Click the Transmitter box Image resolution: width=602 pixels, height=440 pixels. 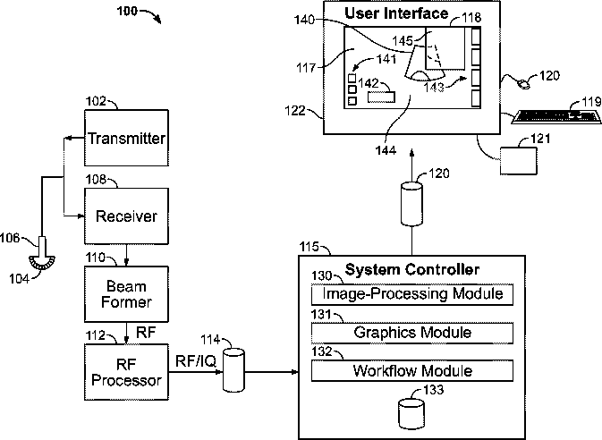[x=126, y=138]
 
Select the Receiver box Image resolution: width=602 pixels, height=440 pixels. [x=126, y=216]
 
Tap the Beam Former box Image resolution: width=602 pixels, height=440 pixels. [x=126, y=294]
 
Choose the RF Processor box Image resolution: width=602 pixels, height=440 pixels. [x=126, y=372]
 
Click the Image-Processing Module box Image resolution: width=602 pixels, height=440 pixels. [x=412, y=294]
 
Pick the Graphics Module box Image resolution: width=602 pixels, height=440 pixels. [x=412, y=333]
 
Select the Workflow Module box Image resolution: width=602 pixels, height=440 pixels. [x=412, y=370]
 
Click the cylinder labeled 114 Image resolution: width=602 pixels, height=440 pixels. [x=233, y=370]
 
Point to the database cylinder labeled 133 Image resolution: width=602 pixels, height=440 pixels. [x=411, y=414]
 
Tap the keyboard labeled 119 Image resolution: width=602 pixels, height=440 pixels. [x=556, y=117]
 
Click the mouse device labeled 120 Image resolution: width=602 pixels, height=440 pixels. [x=523, y=84]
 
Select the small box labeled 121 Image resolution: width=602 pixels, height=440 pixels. [x=518, y=161]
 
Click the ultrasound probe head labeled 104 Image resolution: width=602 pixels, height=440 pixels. [x=42, y=263]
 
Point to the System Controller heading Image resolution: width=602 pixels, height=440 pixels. [x=412, y=269]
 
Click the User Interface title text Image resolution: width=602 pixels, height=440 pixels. [x=396, y=13]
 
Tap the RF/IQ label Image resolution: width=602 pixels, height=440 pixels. [x=196, y=361]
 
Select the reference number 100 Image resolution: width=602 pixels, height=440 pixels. [x=127, y=11]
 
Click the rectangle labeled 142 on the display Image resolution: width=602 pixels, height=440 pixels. [x=381, y=97]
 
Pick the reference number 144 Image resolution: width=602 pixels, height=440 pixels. [x=386, y=150]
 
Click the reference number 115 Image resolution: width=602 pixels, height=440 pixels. [x=309, y=246]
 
